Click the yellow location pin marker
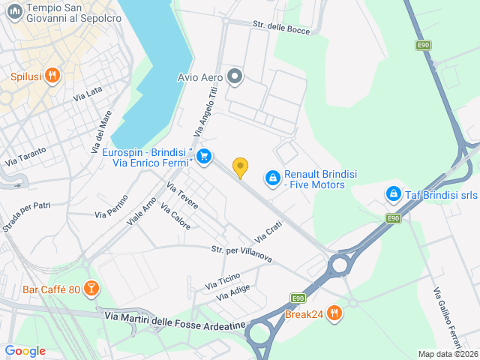point(240,167)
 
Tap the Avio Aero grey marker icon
point(235,76)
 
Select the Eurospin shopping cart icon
point(203,157)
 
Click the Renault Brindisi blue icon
point(273,178)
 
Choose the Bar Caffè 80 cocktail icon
point(90,289)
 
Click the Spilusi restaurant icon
point(52,76)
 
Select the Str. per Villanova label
point(241,253)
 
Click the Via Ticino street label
point(223,281)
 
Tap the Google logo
point(25,350)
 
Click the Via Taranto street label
point(25,155)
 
